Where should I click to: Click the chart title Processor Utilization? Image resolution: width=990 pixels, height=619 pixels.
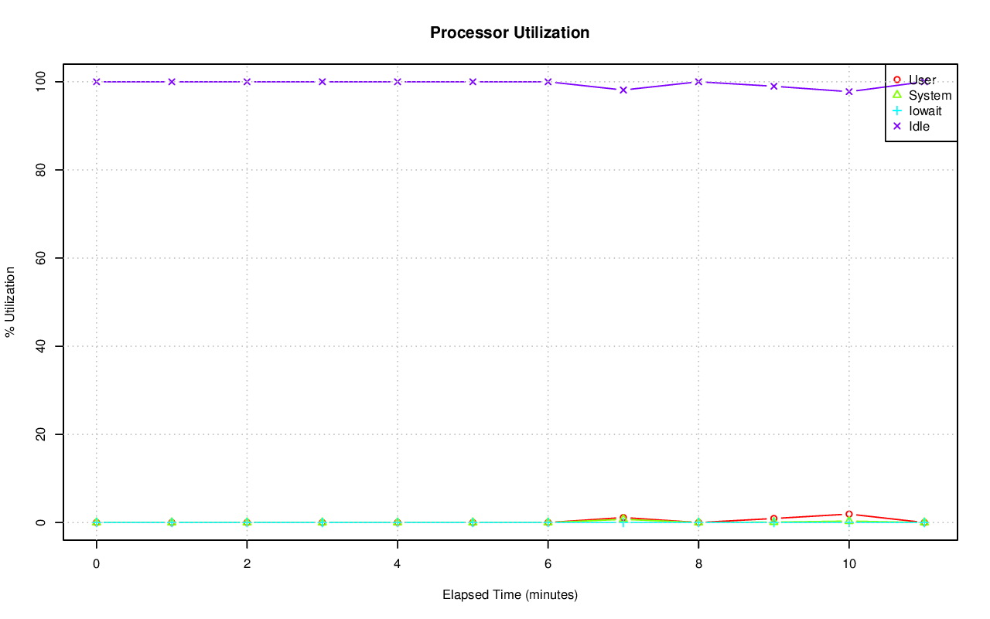point(510,32)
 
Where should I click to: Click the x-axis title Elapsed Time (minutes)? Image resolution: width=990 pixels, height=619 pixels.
point(510,595)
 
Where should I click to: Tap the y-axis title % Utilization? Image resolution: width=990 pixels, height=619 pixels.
point(10,301)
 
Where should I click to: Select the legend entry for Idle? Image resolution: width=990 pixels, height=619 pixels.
point(919,127)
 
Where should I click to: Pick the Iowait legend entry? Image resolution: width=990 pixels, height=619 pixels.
point(925,111)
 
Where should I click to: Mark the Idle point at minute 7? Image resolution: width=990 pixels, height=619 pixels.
point(623,90)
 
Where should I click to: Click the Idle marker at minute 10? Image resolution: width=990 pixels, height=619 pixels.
point(849,91)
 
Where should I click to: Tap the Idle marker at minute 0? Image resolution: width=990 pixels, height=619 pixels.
point(96,81)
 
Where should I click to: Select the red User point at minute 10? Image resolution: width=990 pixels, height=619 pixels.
point(849,514)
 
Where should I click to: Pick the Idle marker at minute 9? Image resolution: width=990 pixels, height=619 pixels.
point(773,86)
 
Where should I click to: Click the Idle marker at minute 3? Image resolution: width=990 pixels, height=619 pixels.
point(322,81)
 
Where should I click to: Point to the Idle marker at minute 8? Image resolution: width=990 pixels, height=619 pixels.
point(698,81)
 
